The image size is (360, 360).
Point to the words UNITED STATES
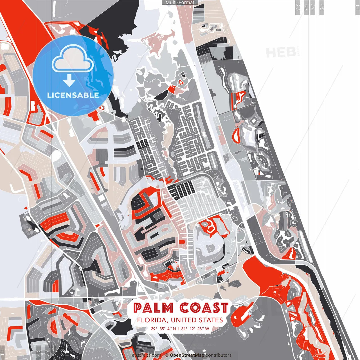pyautogui.click(x=197, y=320)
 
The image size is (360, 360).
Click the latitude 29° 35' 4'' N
pyautogui.click(x=163, y=328)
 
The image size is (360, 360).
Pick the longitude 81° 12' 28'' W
pyautogui.click(x=195, y=328)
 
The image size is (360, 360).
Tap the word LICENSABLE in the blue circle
pyautogui.click(x=73, y=95)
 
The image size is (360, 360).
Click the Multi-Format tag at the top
pyautogui.click(x=180, y=3)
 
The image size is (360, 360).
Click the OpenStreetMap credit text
pyautogui.click(x=187, y=355)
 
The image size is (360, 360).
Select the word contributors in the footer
pyautogui.click(x=219, y=355)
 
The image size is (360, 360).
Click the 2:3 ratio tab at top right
pyautogui.click(x=298, y=7)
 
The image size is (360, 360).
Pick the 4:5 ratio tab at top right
pyautogui.click(x=322, y=7)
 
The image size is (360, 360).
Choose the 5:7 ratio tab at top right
pyautogui.click(x=306, y=7)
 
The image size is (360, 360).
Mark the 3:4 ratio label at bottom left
pyautogui.click(x=47, y=353)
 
